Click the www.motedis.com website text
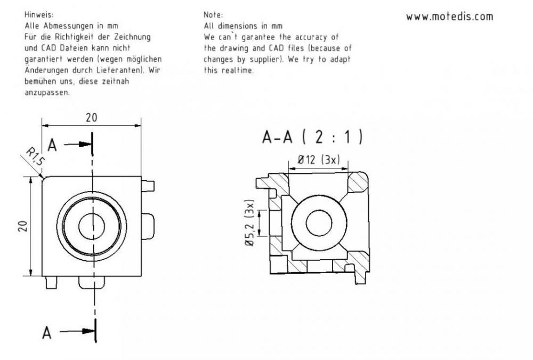[449, 17]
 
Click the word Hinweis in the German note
[39, 14]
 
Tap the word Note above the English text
[213, 14]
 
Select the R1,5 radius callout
[35, 156]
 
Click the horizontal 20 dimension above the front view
[92, 118]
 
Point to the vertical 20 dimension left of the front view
[22, 226]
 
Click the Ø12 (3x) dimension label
[319, 159]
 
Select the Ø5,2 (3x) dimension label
[249, 223]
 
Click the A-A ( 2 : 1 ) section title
[312, 137]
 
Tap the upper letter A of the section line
[52, 145]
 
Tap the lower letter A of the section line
[47, 332]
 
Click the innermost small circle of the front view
[92, 226]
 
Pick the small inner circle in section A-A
[319, 223]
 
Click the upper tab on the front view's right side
[148, 186]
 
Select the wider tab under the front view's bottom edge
[92, 283]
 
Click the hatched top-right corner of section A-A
[358, 183]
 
